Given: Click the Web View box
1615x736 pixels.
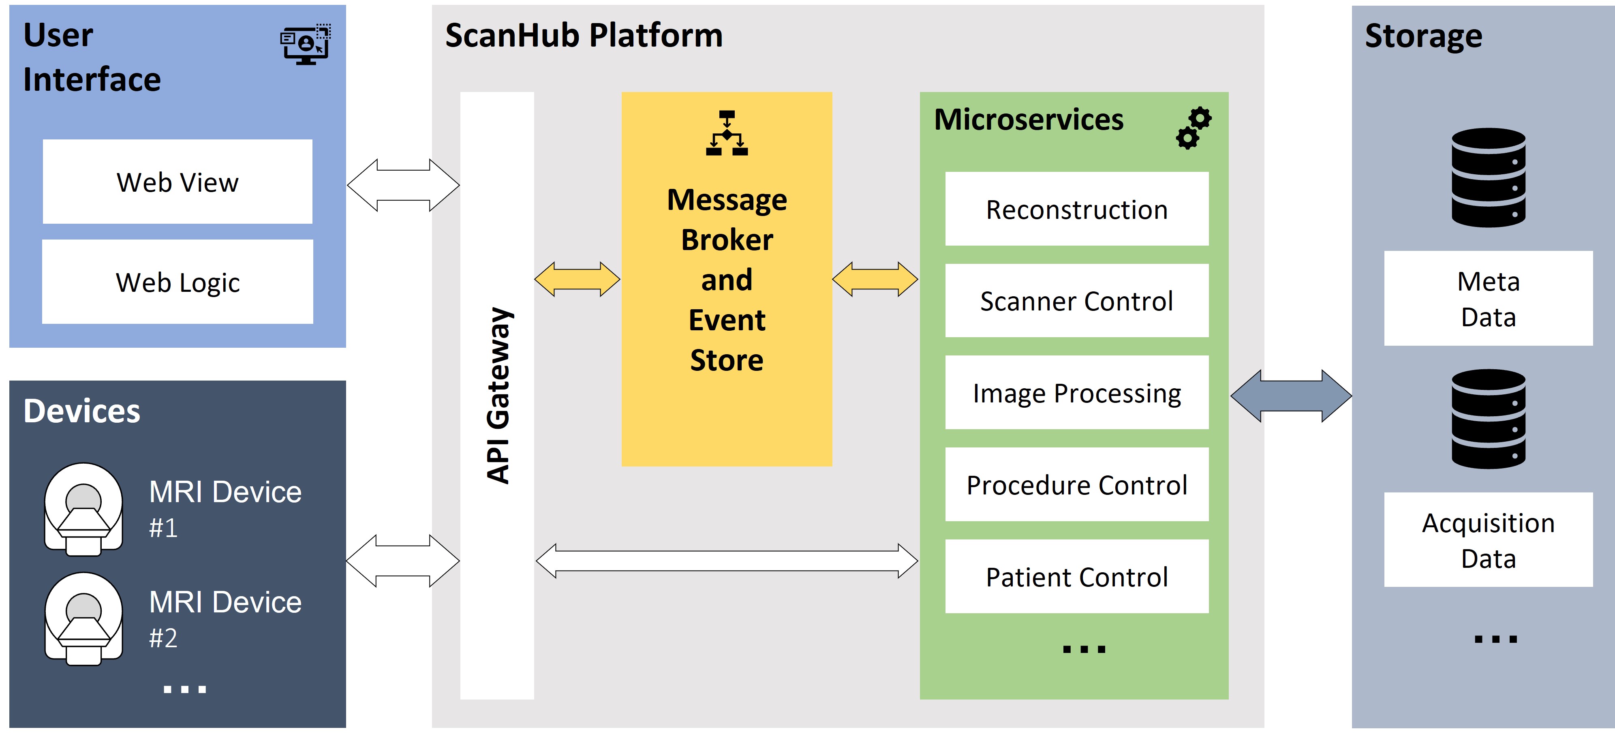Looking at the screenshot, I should click(178, 182).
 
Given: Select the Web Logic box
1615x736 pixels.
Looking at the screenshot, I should click(178, 282).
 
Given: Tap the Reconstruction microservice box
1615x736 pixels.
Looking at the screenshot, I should click(1076, 210).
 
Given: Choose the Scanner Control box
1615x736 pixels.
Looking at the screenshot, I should click(1076, 301).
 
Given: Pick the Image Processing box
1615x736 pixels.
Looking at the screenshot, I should click(1076, 393).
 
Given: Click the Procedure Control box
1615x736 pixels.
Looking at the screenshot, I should click(1076, 485).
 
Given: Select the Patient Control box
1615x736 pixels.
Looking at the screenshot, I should click(1076, 577).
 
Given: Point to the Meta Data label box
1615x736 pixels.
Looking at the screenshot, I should click(1488, 298).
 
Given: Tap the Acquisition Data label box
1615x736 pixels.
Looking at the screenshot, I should click(1488, 540).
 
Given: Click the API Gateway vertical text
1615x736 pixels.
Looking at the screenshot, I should click(498, 395).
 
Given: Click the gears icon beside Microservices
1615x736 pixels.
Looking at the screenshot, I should click(1193, 128).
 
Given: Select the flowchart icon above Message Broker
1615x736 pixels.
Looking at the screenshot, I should click(727, 133).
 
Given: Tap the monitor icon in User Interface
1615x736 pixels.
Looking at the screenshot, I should click(305, 45).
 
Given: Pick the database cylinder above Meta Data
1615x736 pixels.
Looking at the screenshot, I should click(1489, 178).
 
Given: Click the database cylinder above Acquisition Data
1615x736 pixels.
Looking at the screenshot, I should click(1489, 419).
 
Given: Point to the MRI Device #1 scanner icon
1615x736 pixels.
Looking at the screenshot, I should click(83, 509).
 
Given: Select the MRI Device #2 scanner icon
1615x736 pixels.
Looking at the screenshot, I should click(83, 619).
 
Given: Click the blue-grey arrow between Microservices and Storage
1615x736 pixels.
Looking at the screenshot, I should click(1291, 396).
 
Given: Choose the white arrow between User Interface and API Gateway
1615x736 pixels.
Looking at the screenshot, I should click(403, 185).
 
